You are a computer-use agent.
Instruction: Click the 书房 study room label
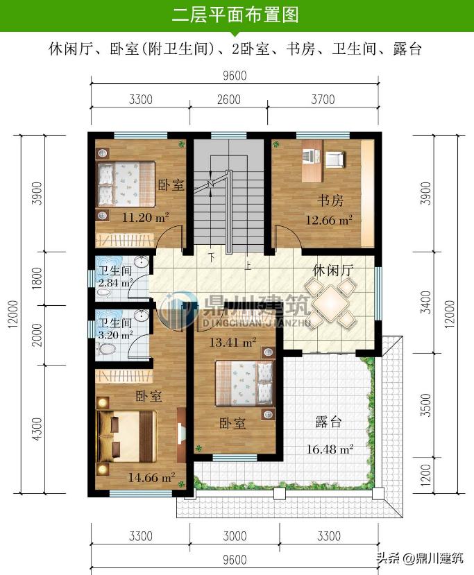pyautogui.click(x=330, y=200)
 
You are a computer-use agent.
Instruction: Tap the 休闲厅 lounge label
pyautogui.click(x=333, y=271)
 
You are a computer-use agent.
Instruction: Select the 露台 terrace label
pyautogui.click(x=328, y=422)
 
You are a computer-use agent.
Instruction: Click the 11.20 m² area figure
pyautogui.click(x=145, y=218)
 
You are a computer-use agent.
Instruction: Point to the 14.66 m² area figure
pyautogui.click(x=151, y=477)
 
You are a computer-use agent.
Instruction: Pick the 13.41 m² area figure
pyautogui.click(x=232, y=342)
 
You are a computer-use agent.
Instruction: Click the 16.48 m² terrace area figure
pyautogui.click(x=330, y=449)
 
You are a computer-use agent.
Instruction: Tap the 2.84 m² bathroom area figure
pyautogui.click(x=115, y=283)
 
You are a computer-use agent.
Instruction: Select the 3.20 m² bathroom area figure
pyautogui.click(x=115, y=335)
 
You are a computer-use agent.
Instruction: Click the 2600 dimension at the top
pyautogui.click(x=229, y=99)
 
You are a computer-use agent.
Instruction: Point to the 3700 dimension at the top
pyautogui.click(x=323, y=99)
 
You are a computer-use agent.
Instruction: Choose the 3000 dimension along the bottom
pyautogui.click(x=235, y=536)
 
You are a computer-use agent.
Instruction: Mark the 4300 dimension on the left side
pyautogui.click(x=37, y=429)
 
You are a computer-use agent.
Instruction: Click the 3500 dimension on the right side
pyautogui.click(x=425, y=405)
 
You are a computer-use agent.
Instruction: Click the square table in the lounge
pyautogui.click(x=331, y=302)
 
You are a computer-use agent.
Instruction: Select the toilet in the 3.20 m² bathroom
pyautogui.click(x=105, y=349)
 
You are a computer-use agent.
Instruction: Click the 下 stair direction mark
pyautogui.click(x=211, y=257)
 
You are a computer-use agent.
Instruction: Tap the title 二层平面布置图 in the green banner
pyautogui.click(x=235, y=15)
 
